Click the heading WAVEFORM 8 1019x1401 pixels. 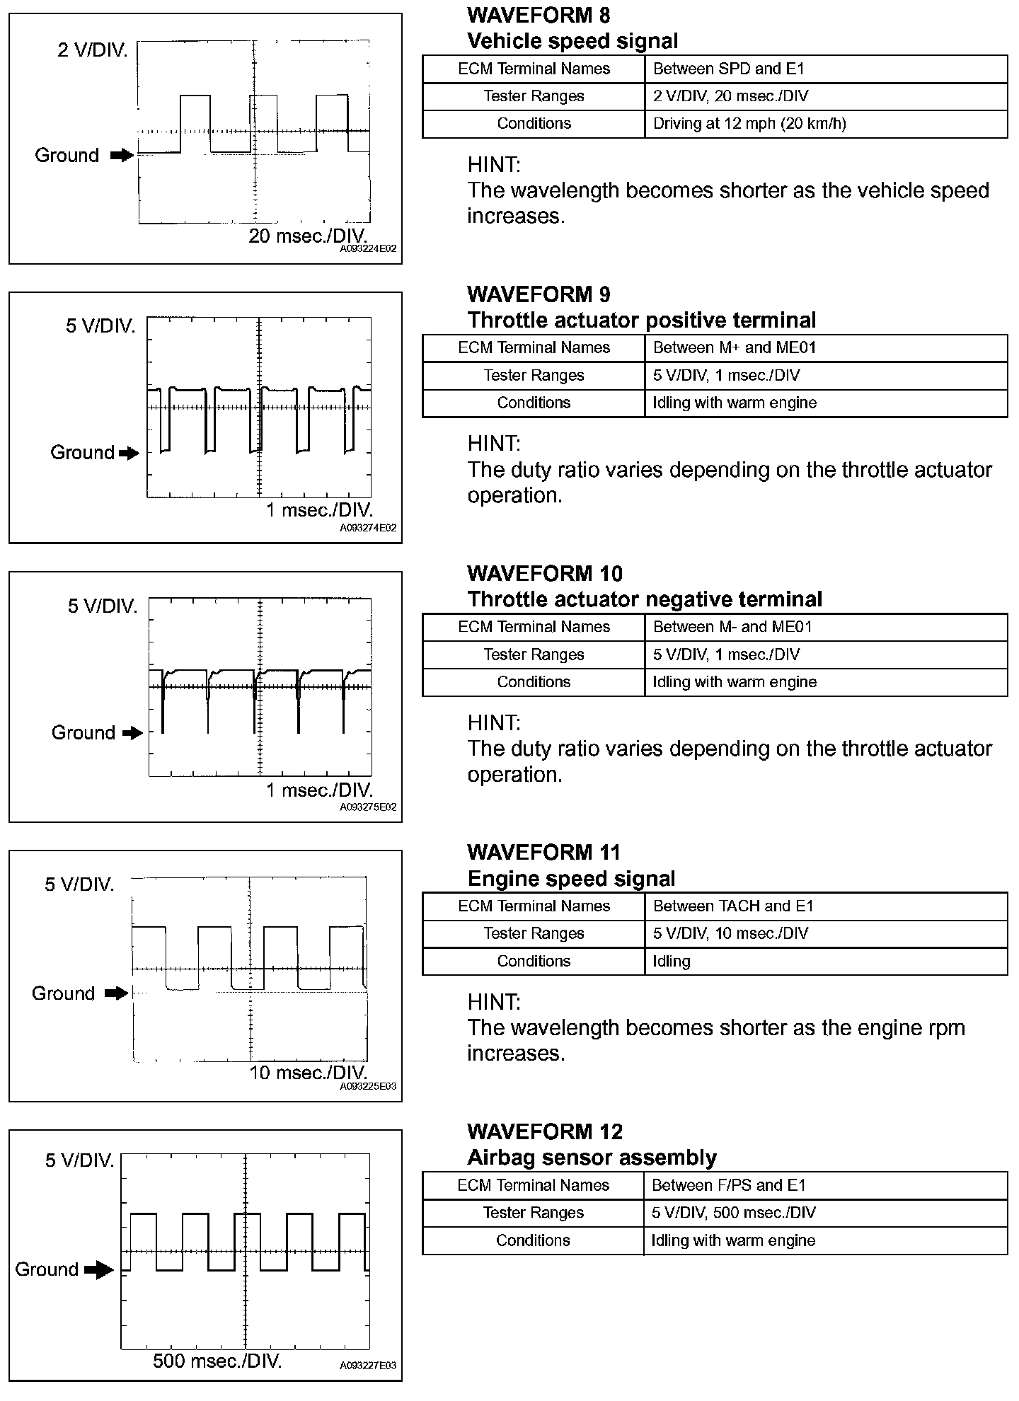539,15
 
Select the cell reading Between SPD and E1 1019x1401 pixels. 728,69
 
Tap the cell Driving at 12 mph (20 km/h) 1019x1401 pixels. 749,124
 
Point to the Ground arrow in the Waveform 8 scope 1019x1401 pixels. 122,156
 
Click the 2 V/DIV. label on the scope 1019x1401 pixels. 93,51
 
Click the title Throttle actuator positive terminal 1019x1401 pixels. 641,321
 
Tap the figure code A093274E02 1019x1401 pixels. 368,528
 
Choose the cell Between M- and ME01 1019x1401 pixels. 732,627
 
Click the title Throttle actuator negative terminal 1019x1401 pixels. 645,600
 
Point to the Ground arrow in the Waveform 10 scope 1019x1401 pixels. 132,733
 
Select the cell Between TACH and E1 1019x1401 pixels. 733,906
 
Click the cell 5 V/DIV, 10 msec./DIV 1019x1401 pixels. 730,934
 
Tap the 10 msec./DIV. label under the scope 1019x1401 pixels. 309,1073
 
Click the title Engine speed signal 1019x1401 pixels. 571,879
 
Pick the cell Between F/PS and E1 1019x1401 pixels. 729,1185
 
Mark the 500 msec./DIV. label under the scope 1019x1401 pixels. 217,1361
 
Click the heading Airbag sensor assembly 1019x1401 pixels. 592,1158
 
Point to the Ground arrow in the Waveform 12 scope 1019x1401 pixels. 99,1270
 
